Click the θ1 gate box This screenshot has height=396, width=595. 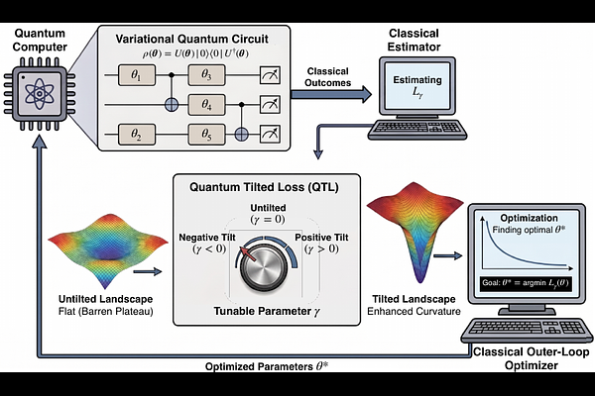click(x=137, y=75)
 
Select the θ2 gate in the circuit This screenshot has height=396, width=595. click(x=137, y=135)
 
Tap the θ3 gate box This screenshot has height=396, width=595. click(x=207, y=75)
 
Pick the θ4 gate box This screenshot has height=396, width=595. click(x=207, y=105)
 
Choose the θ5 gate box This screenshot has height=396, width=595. click(x=207, y=135)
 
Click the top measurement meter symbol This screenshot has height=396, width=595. click(x=270, y=75)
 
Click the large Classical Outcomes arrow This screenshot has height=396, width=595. click(x=331, y=94)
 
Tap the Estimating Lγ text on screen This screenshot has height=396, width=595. click(x=417, y=86)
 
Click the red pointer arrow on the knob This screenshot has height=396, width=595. click(x=248, y=254)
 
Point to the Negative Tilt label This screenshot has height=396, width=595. click(x=207, y=244)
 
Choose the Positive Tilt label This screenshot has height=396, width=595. click(x=321, y=244)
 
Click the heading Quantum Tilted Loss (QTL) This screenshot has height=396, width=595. click(x=264, y=187)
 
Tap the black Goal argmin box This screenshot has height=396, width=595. click(x=526, y=283)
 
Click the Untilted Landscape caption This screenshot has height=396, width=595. click(x=106, y=299)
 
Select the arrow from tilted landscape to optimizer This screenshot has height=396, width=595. click(x=448, y=256)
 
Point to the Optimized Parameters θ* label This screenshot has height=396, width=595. click(x=267, y=366)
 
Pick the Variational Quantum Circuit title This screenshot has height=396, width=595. click(x=192, y=39)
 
